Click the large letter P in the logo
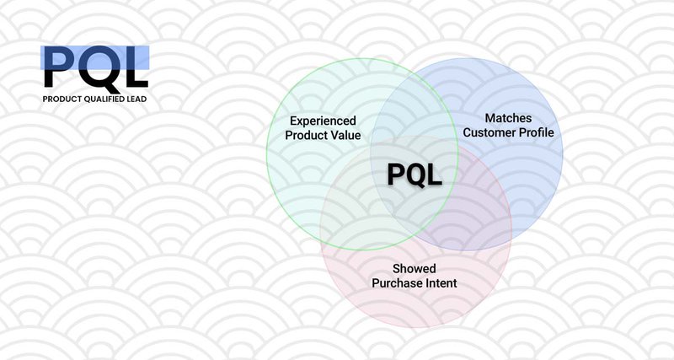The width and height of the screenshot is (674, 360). [59, 66]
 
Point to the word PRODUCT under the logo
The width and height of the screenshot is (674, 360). [61, 99]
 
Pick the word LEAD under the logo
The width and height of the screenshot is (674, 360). [137, 99]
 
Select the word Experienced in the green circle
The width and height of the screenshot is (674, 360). [323, 121]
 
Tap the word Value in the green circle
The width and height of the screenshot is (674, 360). [347, 135]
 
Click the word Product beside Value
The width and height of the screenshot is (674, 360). [308, 135]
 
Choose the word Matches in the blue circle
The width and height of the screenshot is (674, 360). [508, 118]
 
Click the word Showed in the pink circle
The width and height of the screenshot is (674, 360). [414, 269]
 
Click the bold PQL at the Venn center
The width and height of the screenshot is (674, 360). [415, 175]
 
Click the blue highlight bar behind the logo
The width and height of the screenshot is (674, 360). [95, 57]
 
